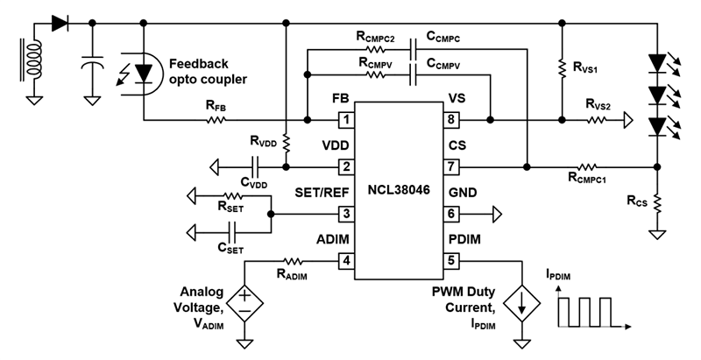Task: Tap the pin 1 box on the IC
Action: point(347,119)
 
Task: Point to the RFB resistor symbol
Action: point(216,119)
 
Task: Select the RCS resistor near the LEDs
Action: point(656,203)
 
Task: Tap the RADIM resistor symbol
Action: point(292,260)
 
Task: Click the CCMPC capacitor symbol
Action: point(413,51)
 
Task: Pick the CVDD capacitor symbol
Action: point(255,166)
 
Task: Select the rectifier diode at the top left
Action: point(60,23)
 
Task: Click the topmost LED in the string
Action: point(656,63)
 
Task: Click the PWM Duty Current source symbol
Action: point(523,301)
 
